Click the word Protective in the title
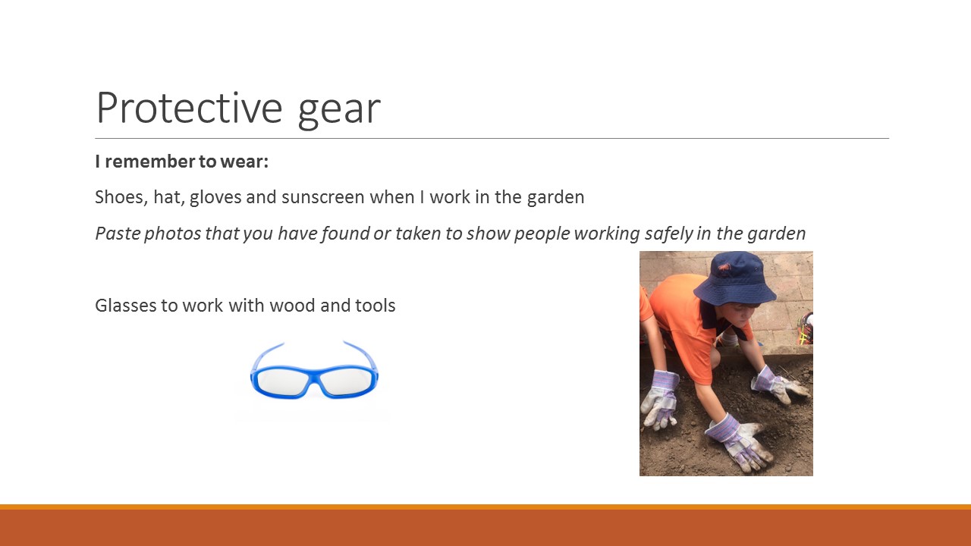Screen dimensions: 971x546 point(190,108)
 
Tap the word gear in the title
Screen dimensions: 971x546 point(339,111)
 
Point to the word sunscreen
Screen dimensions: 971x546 point(323,198)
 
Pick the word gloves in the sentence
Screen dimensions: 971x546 point(215,198)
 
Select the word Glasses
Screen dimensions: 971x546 point(126,306)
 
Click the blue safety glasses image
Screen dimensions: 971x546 point(314,372)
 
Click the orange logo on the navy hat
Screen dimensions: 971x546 point(724,268)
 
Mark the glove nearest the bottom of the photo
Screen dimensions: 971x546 point(739,443)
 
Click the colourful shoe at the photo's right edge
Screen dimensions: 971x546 point(806,328)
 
